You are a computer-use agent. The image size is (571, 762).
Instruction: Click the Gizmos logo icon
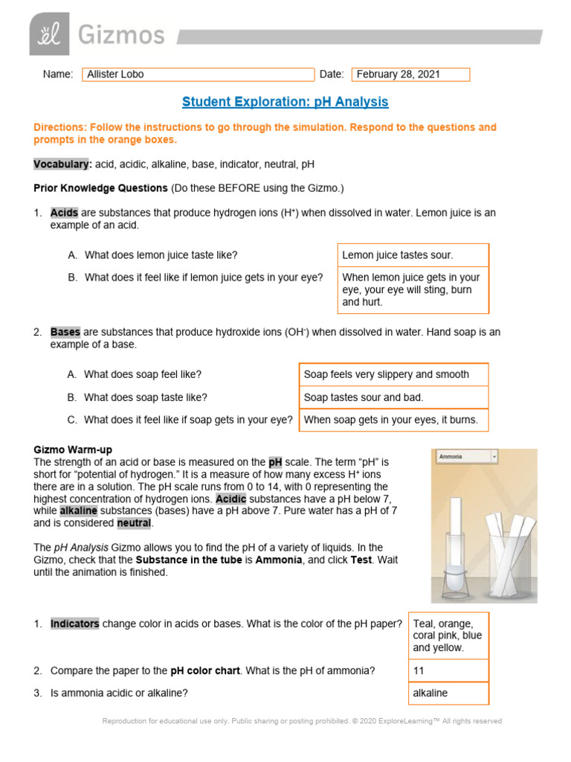[x=49, y=33]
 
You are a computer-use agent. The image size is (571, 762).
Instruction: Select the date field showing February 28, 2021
[x=410, y=74]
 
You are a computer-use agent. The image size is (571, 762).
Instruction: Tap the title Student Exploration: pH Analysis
[x=285, y=101]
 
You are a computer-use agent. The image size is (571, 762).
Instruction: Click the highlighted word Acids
[x=64, y=213]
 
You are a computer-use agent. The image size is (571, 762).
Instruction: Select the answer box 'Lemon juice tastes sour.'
[x=413, y=255]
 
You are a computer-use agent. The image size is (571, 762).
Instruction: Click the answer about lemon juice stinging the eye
[x=413, y=289]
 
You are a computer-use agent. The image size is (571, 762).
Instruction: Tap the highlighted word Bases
[x=65, y=333]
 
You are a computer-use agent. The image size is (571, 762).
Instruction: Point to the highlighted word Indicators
[x=74, y=624]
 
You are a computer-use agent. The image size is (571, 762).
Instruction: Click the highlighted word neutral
[x=134, y=523]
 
